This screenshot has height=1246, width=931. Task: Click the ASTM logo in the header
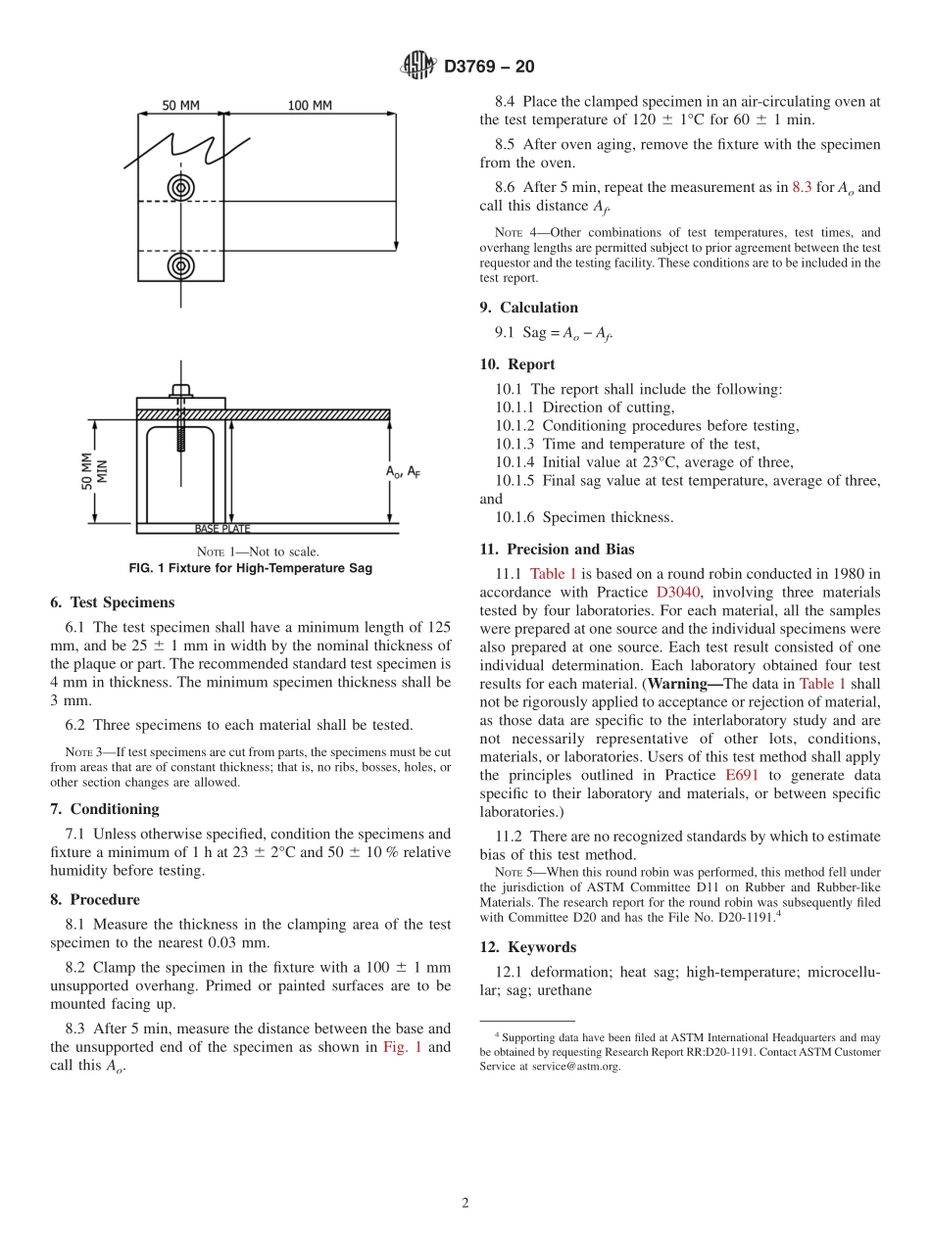click(x=418, y=67)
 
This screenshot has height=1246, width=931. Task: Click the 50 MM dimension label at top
click(x=180, y=106)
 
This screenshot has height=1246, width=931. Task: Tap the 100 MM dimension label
click(x=310, y=106)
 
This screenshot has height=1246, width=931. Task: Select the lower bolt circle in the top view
click(x=180, y=264)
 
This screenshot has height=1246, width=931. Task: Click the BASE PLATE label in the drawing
click(x=222, y=529)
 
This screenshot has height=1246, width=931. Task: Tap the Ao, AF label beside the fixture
click(x=403, y=471)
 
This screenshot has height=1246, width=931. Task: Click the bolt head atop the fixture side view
click(x=180, y=390)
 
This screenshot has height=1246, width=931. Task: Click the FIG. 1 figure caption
click(x=251, y=568)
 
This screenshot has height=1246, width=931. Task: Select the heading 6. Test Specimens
click(x=112, y=602)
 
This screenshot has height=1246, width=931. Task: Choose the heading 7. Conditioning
click(x=105, y=809)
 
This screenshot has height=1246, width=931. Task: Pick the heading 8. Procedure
click(x=95, y=899)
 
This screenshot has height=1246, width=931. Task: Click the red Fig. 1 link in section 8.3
click(x=403, y=1047)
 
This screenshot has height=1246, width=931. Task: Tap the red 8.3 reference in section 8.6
click(x=802, y=187)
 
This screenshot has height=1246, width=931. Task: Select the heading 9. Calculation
click(x=528, y=308)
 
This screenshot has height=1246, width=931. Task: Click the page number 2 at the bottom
click(x=465, y=1204)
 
